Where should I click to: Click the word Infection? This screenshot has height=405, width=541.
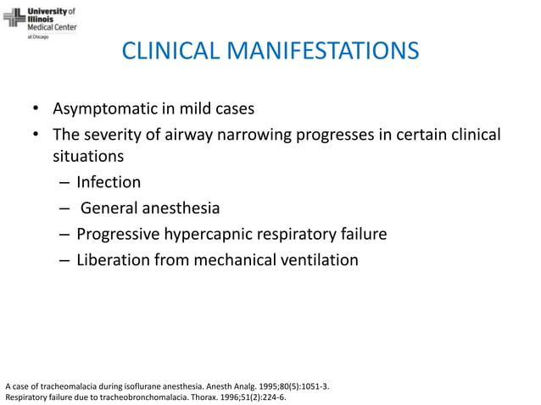pos(109,182)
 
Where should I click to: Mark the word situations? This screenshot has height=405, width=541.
pos(88,157)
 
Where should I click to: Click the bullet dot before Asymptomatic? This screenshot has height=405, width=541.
pos(36,110)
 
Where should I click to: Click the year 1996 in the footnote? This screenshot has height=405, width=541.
pos(229,396)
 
